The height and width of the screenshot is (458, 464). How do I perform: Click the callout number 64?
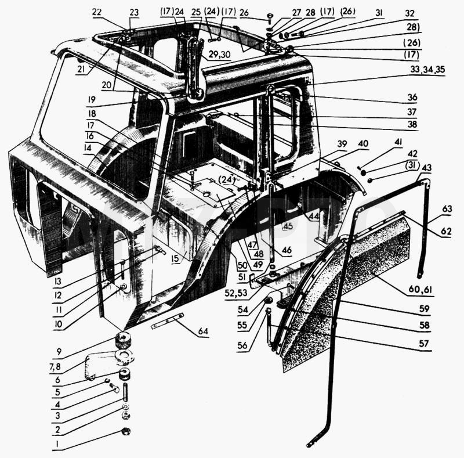[x=203, y=331]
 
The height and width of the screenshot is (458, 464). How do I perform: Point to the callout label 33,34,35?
[x=427, y=70]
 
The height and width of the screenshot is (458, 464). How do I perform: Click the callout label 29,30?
[x=220, y=55]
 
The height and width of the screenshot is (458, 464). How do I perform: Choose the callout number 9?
[x=59, y=352]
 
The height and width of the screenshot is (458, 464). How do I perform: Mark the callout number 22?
[x=97, y=12]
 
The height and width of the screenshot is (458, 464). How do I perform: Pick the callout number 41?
[x=398, y=142]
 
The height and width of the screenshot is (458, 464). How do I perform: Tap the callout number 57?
[x=424, y=344]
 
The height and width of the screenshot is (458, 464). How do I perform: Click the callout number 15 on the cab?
[x=175, y=258]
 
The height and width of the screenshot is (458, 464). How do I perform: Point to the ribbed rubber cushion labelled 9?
[x=123, y=341]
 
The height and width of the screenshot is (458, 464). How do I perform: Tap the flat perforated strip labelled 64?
[x=167, y=321]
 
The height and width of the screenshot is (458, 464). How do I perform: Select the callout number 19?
[x=92, y=99]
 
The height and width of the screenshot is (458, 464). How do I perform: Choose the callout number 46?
[x=287, y=250]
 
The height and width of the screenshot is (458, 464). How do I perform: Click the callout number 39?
[x=342, y=144]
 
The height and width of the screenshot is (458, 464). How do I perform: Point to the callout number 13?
[x=58, y=281]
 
